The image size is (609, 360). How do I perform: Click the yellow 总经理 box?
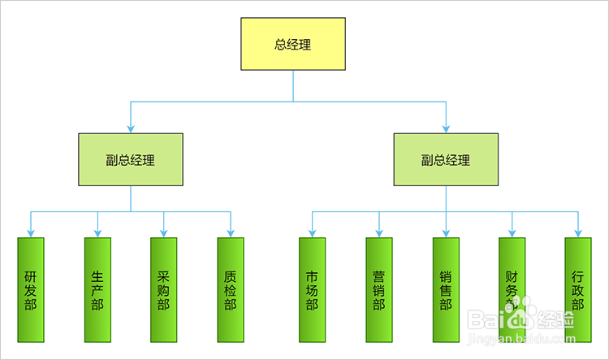click(292, 45)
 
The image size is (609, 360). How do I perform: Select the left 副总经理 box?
click(131, 160)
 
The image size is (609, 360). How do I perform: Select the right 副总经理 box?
click(445, 160)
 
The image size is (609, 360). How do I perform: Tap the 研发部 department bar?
click(31, 290)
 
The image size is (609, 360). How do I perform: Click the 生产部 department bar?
click(97, 290)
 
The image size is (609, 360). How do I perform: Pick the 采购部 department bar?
click(164, 290)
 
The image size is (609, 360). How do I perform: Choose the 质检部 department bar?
click(231, 290)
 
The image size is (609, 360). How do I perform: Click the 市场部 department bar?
click(312, 290)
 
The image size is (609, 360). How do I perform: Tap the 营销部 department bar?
click(378, 290)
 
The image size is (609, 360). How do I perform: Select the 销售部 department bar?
click(445, 290)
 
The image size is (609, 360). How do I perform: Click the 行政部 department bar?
click(578, 290)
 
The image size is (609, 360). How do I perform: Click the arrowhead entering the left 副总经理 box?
click(131, 128)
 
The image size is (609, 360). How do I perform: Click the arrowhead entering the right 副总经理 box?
click(445, 128)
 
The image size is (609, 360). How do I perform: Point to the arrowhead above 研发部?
click(31, 232)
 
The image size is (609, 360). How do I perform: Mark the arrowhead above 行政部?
click(578, 232)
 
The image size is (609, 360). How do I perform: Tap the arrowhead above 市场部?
click(312, 232)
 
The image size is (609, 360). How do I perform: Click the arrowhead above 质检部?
click(231, 232)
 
